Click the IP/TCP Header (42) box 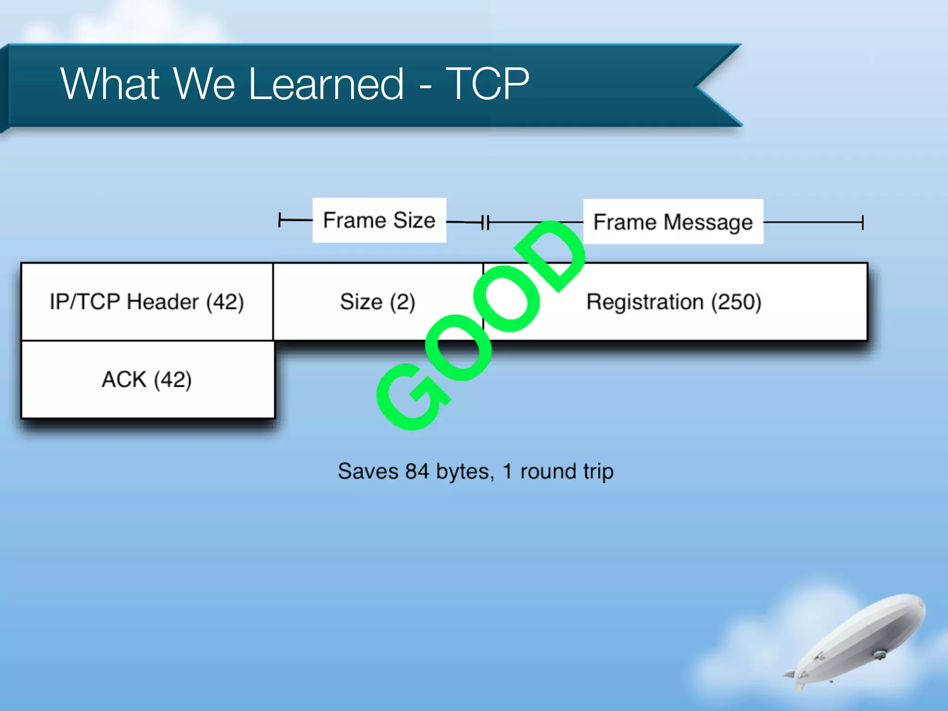tap(147, 302)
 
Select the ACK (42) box tap(147, 380)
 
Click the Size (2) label tap(377, 302)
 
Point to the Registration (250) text tap(674, 302)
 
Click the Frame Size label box tap(379, 220)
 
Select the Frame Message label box tap(673, 222)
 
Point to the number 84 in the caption tap(417, 471)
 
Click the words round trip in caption tap(567, 471)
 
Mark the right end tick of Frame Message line tap(862, 222)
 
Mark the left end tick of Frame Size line tap(280, 220)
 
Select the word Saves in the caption tap(368, 471)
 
